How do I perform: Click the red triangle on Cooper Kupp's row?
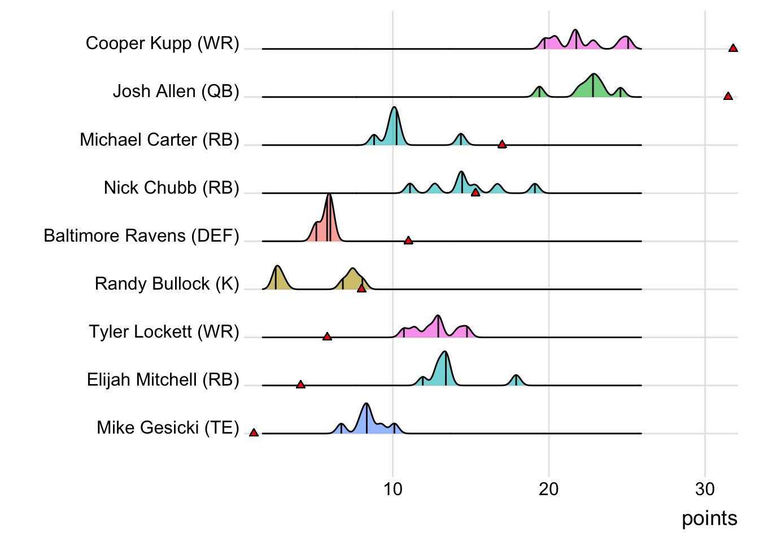[733, 49]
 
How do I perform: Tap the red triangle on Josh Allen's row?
[728, 97]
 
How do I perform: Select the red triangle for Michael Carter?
[502, 145]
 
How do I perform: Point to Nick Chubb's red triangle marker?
[476, 193]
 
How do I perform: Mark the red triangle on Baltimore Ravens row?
[408, 241]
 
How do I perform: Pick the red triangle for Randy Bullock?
[361, 289]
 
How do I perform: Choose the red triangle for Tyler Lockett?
[327, 336]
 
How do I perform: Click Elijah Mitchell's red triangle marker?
[300, 384]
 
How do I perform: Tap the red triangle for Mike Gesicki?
[254, 432]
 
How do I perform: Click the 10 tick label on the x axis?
[392, 489]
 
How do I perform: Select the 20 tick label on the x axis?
[548, 489]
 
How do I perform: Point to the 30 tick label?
[705, 489]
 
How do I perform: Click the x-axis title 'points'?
[709, 518]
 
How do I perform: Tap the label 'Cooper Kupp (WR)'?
[163, 43]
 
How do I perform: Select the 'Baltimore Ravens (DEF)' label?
[141, 235]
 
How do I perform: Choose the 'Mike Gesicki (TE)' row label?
[168, 428]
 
